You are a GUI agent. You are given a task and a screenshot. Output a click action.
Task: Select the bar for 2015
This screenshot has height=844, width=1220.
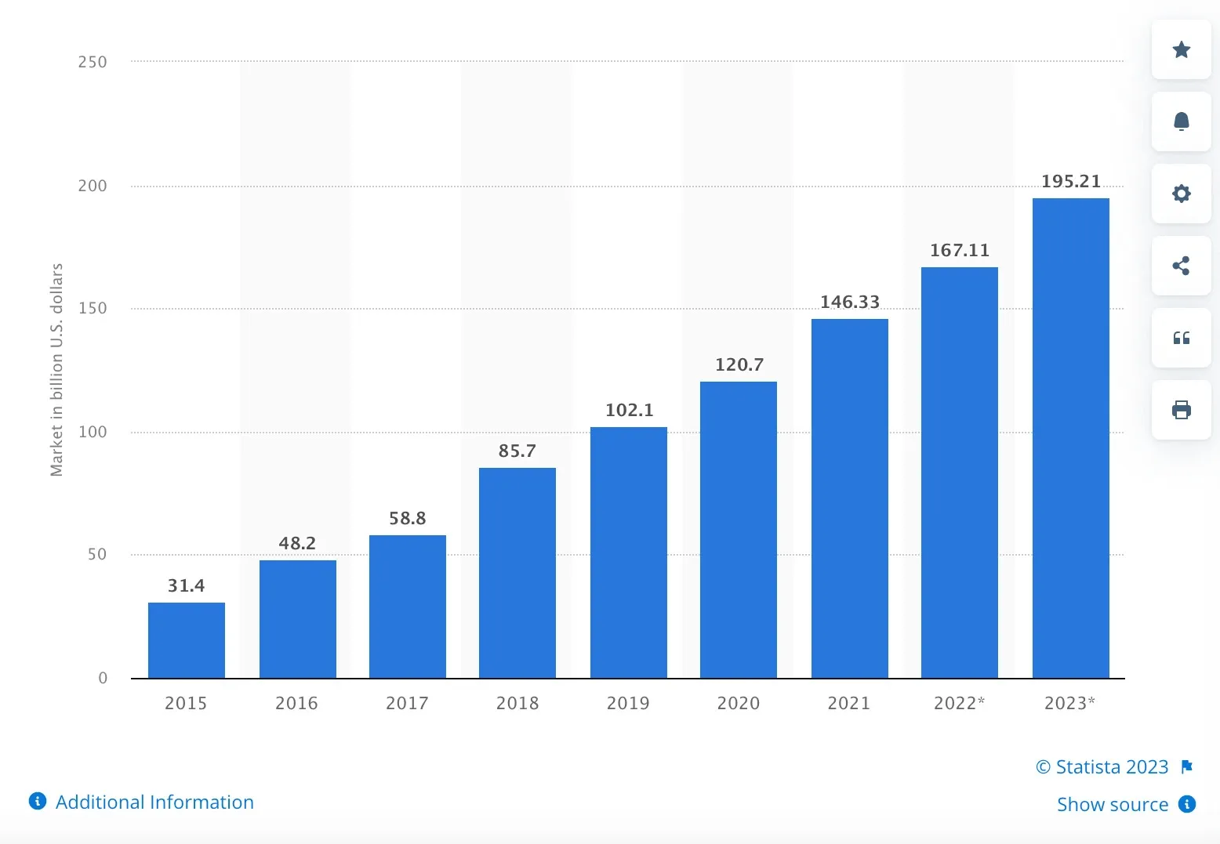pyautogui.click(x=187, y=640)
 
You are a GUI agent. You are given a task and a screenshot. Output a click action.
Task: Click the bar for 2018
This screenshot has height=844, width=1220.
pyautogui.click(x=517, y=573)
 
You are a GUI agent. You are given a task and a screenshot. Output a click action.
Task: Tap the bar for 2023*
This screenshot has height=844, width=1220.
pyautogui.click(x=1070, y=438)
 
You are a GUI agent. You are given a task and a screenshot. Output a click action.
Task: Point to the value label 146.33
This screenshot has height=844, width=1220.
pyautogui.click(x=850, y=302)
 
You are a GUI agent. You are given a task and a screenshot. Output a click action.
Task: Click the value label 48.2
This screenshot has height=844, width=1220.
pyautogui.click(x=297, y=543)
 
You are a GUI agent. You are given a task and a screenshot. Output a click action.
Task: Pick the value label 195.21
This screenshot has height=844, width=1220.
pyautogui.click(x=1071, y=182)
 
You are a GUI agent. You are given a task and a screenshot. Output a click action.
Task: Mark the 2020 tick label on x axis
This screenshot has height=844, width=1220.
pyautogui.click(x=739, y=703)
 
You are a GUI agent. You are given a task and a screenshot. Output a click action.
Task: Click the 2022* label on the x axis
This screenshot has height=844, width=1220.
pyautogui.click(x=959, y=703)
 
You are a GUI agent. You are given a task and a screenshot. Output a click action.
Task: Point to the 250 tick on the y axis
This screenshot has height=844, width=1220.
pyautogui.click(x=93, y=62)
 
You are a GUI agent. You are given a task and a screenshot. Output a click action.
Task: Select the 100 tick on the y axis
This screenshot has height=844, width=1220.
pyautogui.click(x=93, y=432)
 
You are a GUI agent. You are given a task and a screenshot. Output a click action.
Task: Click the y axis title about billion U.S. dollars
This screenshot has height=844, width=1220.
pyautogui.click(x=56, y=370)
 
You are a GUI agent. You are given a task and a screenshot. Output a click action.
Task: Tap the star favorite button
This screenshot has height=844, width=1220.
pyautogui.click(x=1181, y=50)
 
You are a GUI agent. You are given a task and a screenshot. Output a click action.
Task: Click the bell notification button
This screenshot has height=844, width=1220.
pyautogui.click(x=1181, y=121)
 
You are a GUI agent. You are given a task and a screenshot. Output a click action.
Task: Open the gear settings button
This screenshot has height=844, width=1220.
pyautogui.click(x=1181, y=194)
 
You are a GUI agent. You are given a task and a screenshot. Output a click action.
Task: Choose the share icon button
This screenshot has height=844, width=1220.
pyautogui.click(x=1181, y=266)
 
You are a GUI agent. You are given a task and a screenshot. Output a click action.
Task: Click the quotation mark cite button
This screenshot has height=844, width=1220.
pyautogui.click(x=1181, y=338)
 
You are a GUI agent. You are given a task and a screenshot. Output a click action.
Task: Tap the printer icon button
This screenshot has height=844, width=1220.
pyautogui.click(x=1181, y=410)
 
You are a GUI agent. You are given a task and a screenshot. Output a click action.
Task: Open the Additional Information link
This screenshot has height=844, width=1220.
pyautogui.click(x=154, y=802)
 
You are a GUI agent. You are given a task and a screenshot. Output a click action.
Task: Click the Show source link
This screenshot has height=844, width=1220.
pyautogui.click(x=1112, y=804)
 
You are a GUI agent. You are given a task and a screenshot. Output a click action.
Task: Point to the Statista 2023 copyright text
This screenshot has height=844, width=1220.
pyautogui.click(x=1102, y=766)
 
